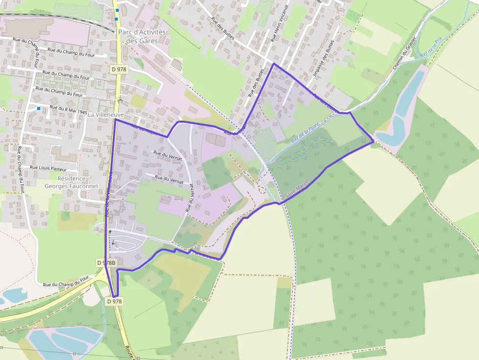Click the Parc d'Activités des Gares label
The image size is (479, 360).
tap(142, 37)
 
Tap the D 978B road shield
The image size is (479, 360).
tap(106, 263)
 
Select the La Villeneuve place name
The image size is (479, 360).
tap(106, 114)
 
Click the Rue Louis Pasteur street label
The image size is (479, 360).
tap(48, 168)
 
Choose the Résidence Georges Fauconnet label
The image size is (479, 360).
tap(71, 182)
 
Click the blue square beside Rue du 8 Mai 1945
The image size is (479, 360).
tap(38, 108)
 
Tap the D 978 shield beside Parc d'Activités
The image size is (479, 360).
tap(119, 69)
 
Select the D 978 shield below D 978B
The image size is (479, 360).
tap(114, 301)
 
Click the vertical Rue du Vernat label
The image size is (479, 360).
tap(189, 201)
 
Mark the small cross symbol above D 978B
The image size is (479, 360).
tap(110, 231)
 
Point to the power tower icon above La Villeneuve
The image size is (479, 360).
tap(119, 99)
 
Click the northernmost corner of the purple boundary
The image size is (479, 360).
tap(273, 64)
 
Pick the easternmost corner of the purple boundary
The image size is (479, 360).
tap(373, 142)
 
